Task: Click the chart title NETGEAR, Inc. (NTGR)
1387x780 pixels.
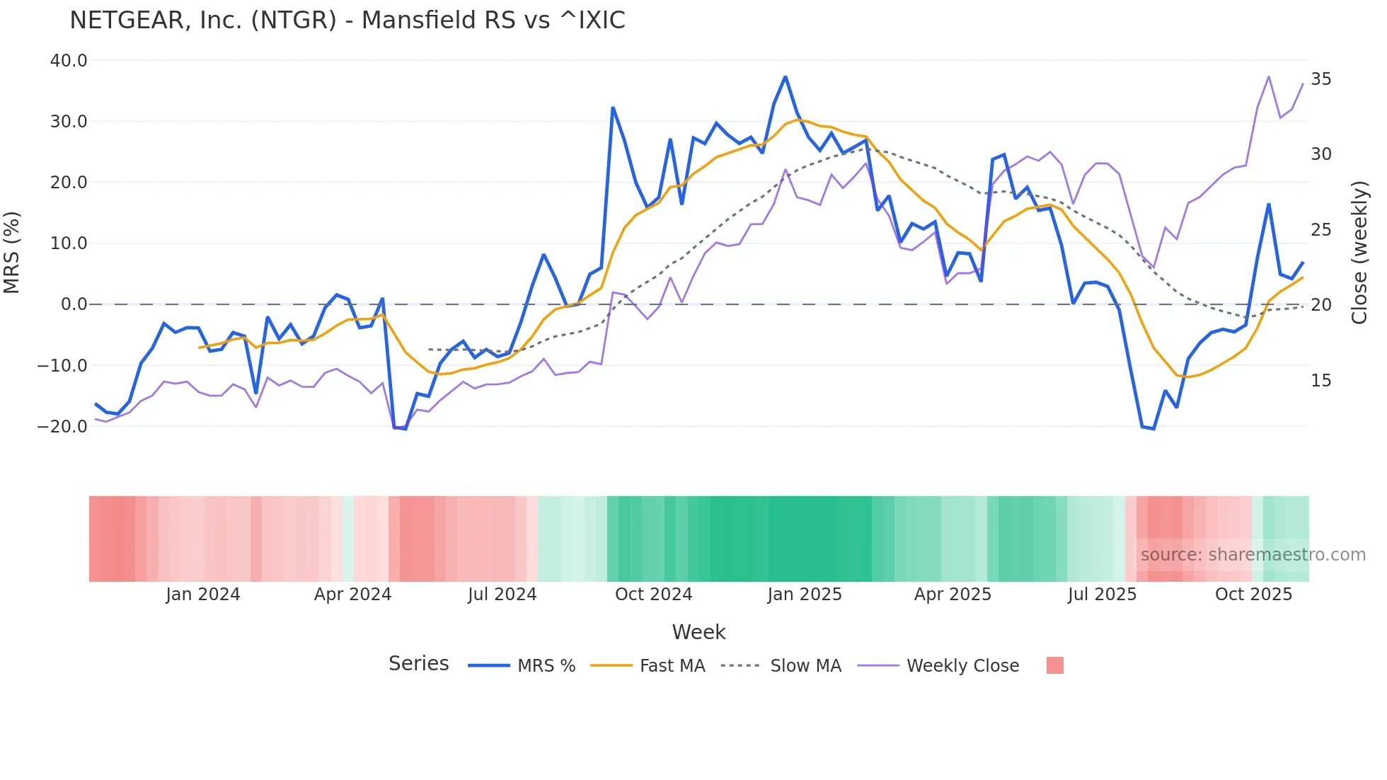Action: [347, 21]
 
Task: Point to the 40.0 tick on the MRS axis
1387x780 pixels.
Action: [69, 61]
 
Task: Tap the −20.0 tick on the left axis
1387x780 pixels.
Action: [62, 427]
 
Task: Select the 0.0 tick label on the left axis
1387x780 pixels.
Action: [74, 304]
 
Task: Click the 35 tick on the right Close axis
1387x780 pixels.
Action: [1320, 79]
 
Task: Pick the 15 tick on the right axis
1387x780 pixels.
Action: [1320, 381]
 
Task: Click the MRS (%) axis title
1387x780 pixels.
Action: [11, 253]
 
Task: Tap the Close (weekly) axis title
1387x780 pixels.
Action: [1359, 253]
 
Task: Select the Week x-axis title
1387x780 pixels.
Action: [698, 632]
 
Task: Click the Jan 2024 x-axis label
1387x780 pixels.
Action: [203, 595]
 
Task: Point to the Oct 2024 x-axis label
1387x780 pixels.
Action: [653, 595]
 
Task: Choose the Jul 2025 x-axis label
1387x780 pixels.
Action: [1102, 595]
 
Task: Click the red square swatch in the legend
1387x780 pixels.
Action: [1054, 665]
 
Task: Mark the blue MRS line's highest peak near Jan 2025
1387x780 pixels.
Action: [785, 77]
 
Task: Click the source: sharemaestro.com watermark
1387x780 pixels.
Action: [1253, 555]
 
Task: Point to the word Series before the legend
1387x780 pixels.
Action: [418, 664]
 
